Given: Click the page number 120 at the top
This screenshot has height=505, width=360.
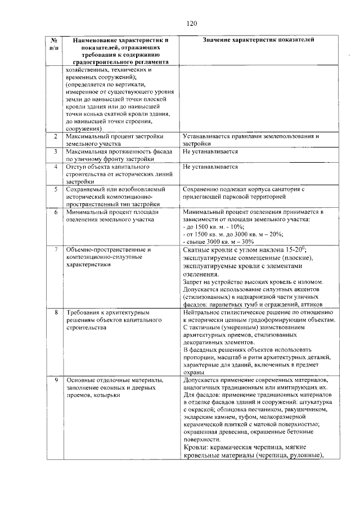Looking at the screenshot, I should pyautogui.click(x=191, y=24).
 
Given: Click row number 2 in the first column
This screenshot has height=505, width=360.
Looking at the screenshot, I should pyautogui.click(x=55, y=137).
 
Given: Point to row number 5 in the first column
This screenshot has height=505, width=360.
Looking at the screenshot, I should pyautogui.click(x=55, y=189).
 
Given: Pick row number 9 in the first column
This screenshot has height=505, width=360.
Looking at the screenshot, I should pyautogui.click(x=55, y=381).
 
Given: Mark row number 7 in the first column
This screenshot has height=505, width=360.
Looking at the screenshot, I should pyautogui.click(x=55, y=249).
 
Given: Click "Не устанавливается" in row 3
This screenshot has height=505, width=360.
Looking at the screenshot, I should pyautogui.click(x=210, y=152).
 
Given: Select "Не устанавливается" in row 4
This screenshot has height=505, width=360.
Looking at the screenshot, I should pyautogui.click(x=210, y=167).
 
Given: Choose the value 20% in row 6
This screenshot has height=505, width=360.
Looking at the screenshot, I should pyautogui.click(x=276, y=234).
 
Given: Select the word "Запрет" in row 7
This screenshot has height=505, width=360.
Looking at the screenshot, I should pyautogui.click(x=193, y=281).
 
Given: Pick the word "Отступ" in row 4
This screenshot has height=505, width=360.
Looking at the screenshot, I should pyautogui.click(x=76, y=167).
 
